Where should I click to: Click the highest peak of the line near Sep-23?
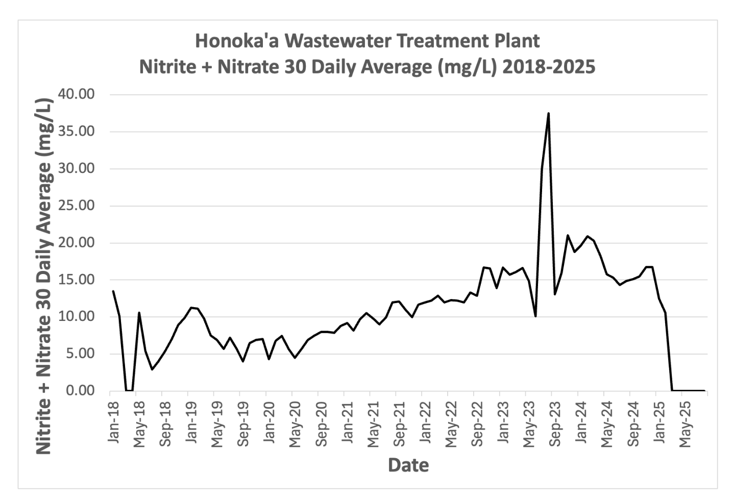[548, 113]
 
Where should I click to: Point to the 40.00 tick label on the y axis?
[77, 94]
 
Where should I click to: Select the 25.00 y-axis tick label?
[77, 206]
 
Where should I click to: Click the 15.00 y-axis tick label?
[77, 280]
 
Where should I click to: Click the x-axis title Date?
[408, 465]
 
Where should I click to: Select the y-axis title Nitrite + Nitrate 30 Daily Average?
[44, 276]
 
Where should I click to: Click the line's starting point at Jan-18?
[113, 291]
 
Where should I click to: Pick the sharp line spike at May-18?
[139, 313]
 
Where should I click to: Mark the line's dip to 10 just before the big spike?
[535, 316]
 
